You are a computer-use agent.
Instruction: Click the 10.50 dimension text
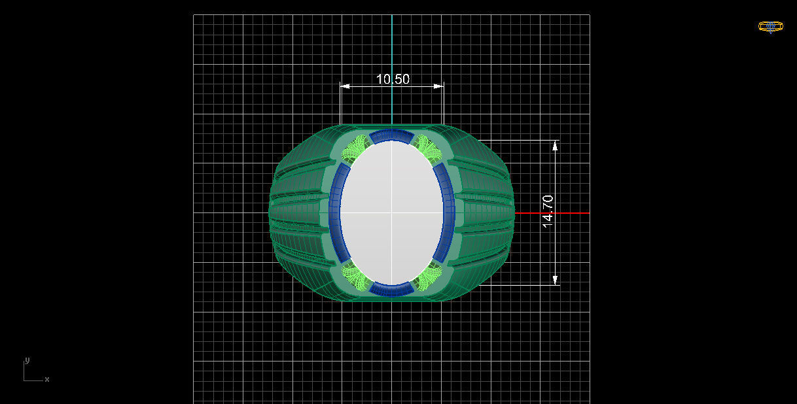(393, 79)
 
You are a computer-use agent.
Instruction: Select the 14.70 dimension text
(548, 211)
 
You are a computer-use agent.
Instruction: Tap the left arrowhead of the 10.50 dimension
(344, 86)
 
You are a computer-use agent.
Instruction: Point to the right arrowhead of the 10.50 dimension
(440, 86)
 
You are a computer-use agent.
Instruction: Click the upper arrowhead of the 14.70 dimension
(556, 146)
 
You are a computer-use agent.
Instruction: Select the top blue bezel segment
(391, 135)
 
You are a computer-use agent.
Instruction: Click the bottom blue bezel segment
(391, 289)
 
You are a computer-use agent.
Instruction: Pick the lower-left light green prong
(357, 277)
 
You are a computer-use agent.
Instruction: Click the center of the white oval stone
(391, 212)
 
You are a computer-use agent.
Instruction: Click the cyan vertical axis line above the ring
(391, 65)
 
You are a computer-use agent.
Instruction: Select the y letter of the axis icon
(27, 360)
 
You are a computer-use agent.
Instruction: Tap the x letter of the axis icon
(47, 379)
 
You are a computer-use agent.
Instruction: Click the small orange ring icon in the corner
(770, 27)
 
